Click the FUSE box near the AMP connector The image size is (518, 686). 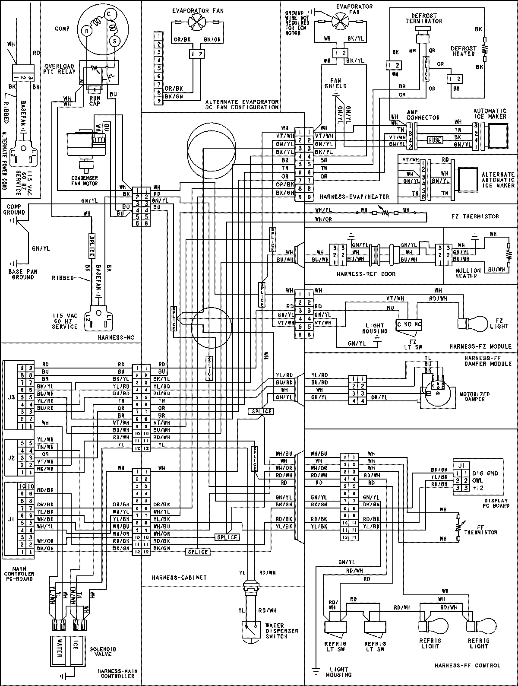click(x=435, y=140)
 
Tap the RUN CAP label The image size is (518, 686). click(x=95, y=101)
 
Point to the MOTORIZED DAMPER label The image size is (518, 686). click(x=474, y=397)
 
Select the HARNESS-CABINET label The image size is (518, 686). click(x=179, y=578)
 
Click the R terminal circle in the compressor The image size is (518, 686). click(x=87, y=31)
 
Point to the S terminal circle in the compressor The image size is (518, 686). click(x=115, y=41)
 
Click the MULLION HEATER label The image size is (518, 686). click(x=468, y=273)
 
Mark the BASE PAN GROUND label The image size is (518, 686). click(x=23, y=274)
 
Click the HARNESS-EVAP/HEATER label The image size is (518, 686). click(x=354, y=197)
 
